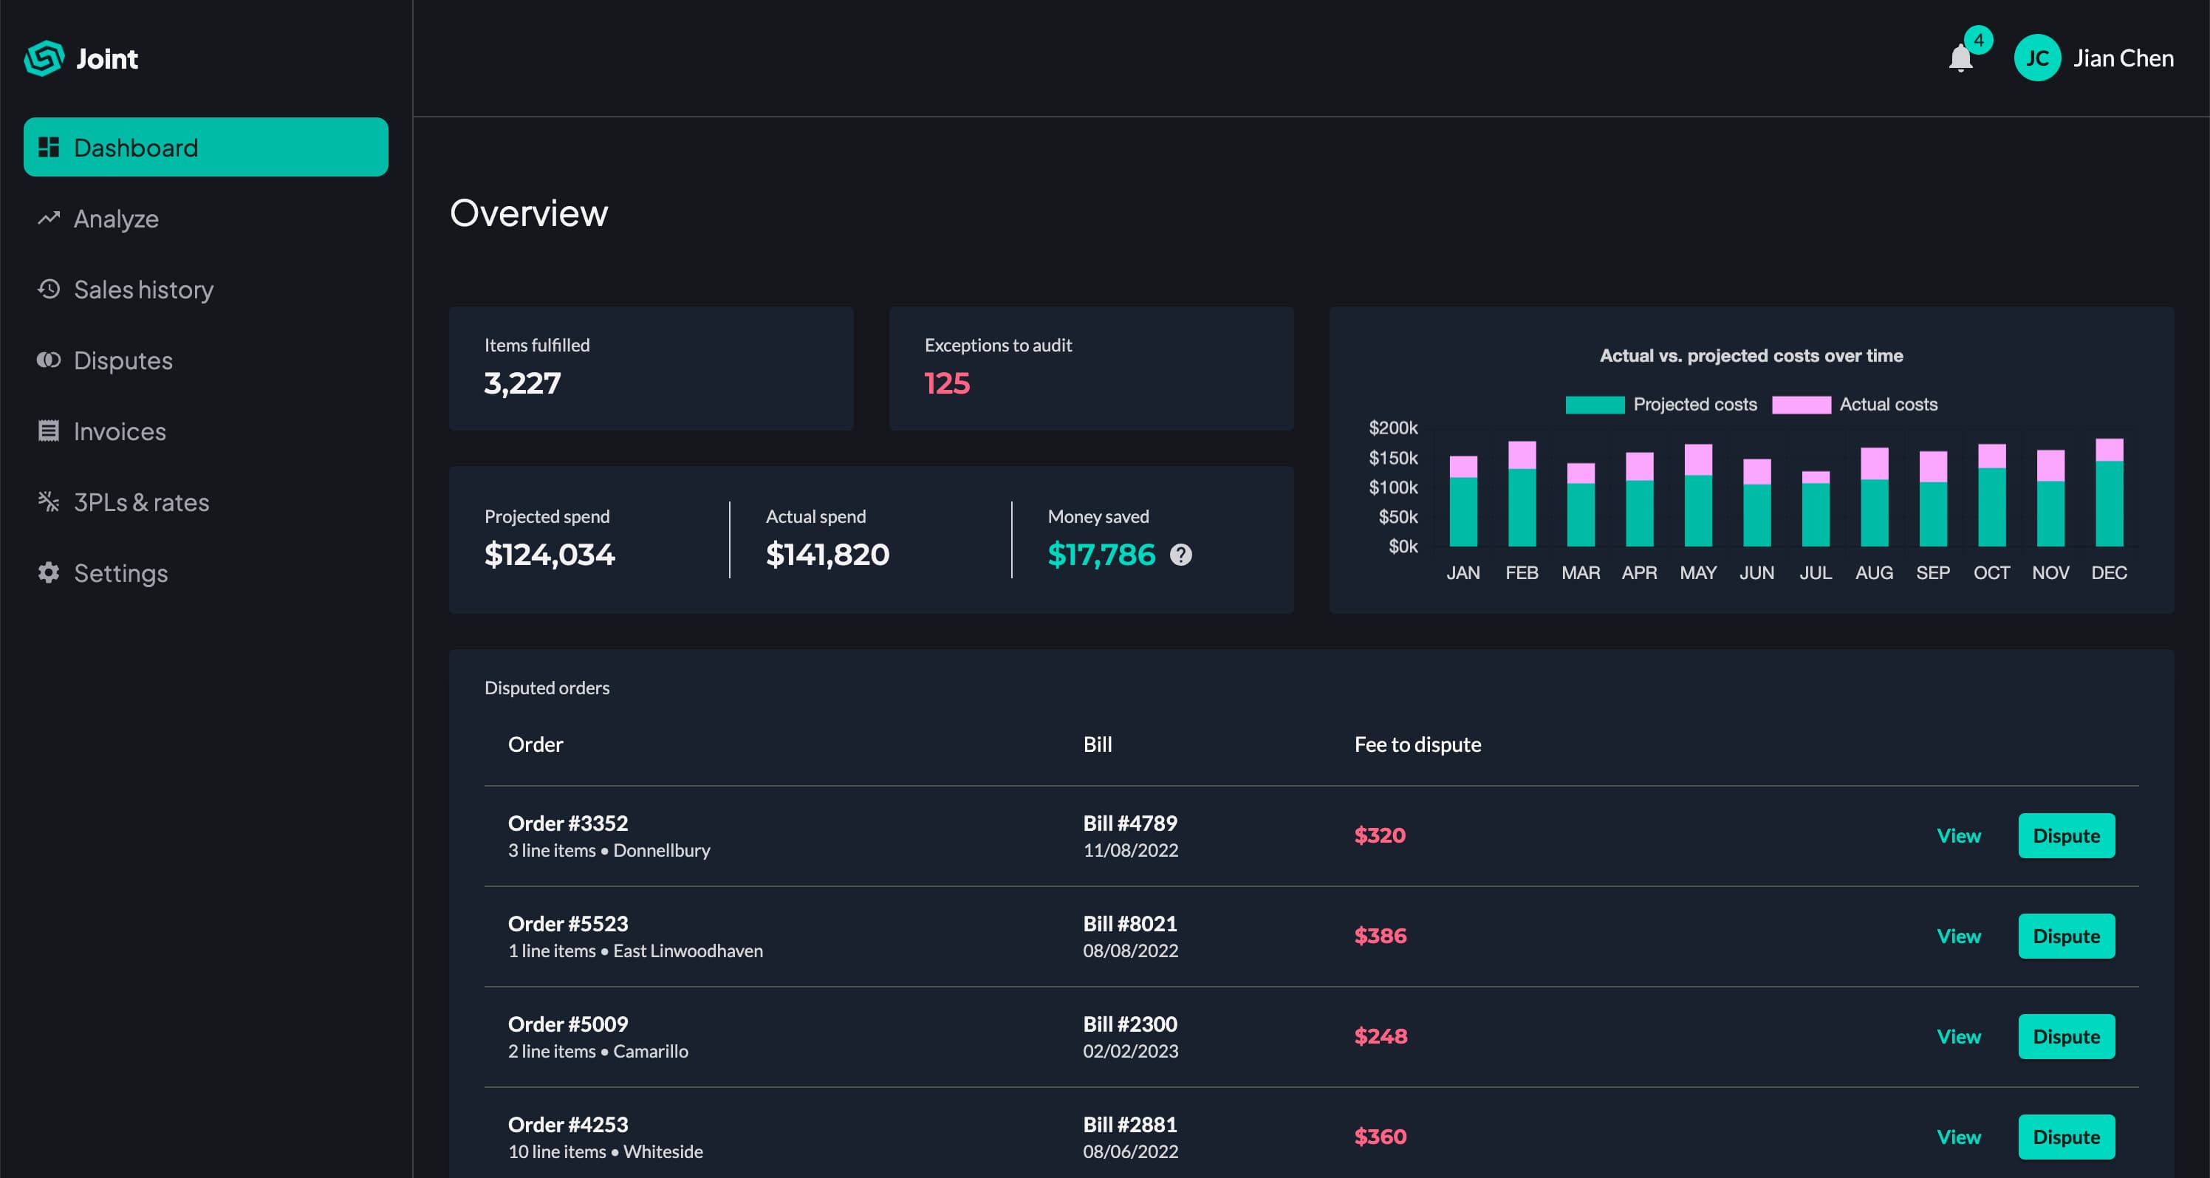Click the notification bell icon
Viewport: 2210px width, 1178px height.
tap(1960, 59)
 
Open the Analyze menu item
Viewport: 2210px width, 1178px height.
tap(116, 219)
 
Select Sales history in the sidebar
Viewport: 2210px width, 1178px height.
tap(143, 290)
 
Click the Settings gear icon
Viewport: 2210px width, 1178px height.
tap(49, 572)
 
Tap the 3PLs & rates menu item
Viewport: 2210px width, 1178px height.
tap(140, 502)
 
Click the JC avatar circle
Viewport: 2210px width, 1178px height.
tap(2036, 58)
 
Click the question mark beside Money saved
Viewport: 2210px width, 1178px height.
tap(1180, 555)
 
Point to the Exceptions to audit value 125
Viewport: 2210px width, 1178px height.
tap(946, 383)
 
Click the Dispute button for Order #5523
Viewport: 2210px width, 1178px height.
tap(2065, 936)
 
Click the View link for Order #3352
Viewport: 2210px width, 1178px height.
tap(1958, 835)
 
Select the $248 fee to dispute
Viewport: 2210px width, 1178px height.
tap(1380, 1036)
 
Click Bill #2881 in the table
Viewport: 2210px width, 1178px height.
tap(1129, 1125)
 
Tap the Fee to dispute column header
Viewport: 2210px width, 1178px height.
tap(1417, 744)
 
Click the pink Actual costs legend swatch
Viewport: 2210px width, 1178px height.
tap(1801, 405)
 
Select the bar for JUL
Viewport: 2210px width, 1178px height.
tap(1815, 510)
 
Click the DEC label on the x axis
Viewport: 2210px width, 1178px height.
tap(2108, 573)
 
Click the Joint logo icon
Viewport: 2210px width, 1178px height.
tap(44, 58)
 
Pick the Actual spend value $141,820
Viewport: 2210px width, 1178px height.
tap(827, 555)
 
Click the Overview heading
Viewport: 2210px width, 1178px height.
tap(528, 213)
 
